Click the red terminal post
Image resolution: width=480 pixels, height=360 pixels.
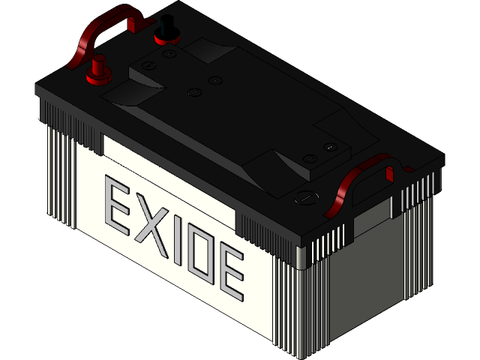(x=98, y=70)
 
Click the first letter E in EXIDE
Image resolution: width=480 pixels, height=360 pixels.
(x=118, y=203)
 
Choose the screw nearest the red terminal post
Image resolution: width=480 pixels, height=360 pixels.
(x=147, y=67)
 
